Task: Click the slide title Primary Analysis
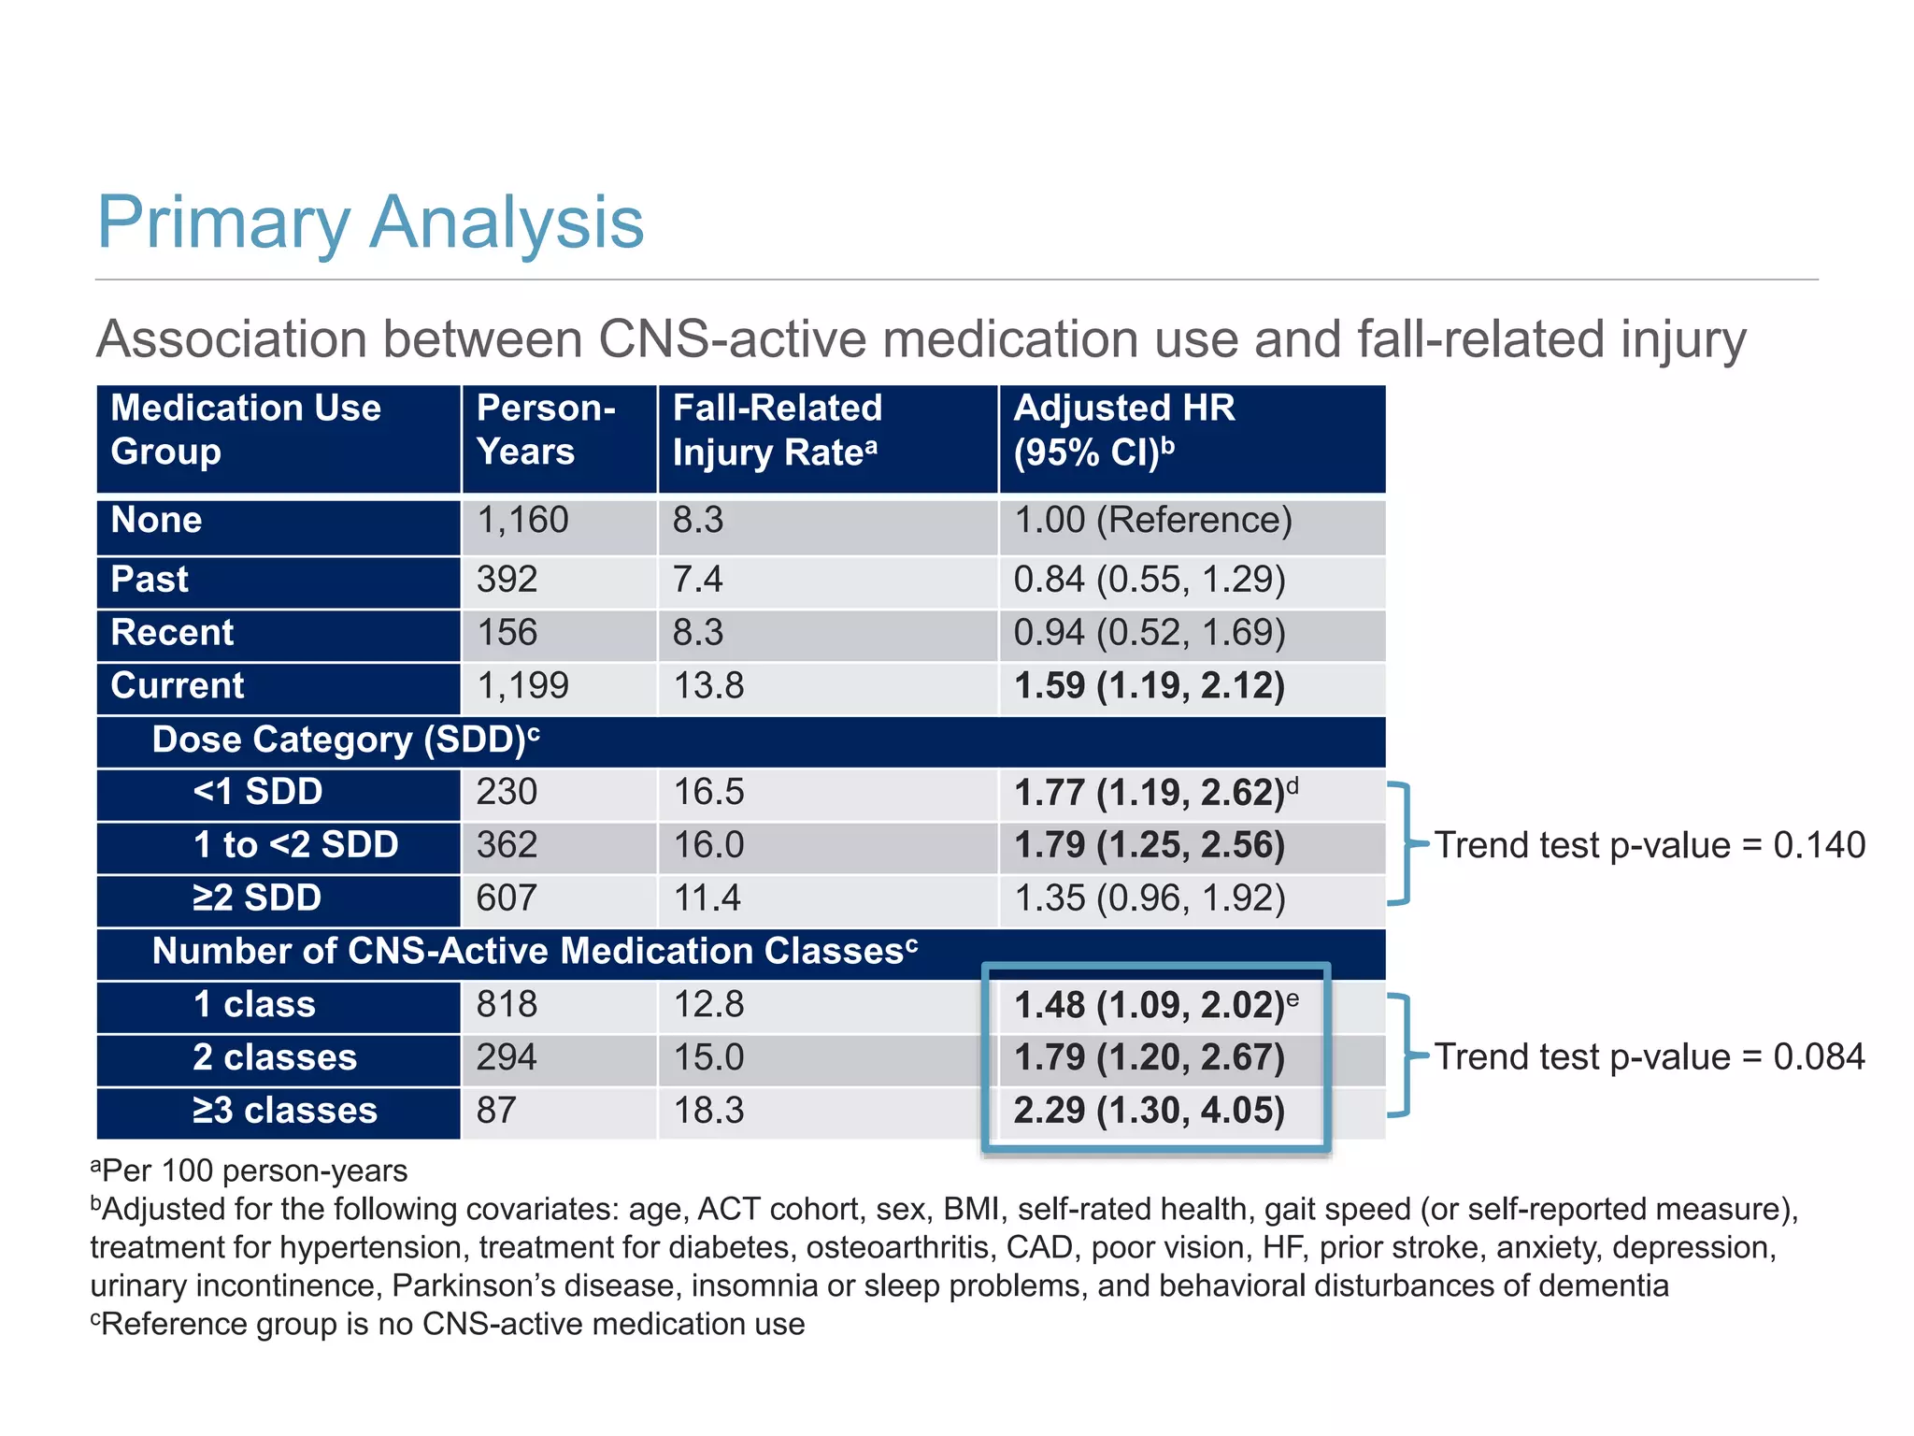[370, 223]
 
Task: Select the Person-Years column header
[546, 430]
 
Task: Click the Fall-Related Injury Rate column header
[777, 430]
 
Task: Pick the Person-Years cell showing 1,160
[522, 521]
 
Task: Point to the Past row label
[150, 580]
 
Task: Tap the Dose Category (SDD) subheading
[345, 740]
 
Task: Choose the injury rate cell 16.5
[708, 793]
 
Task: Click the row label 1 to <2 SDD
[295, 845]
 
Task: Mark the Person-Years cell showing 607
[507, 898]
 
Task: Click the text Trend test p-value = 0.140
[1649, 845]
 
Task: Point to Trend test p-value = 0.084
[1649, 1057]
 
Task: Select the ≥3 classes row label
[284, 1111]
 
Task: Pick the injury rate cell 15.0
[708, 1057]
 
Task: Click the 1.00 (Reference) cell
[1152, 521]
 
